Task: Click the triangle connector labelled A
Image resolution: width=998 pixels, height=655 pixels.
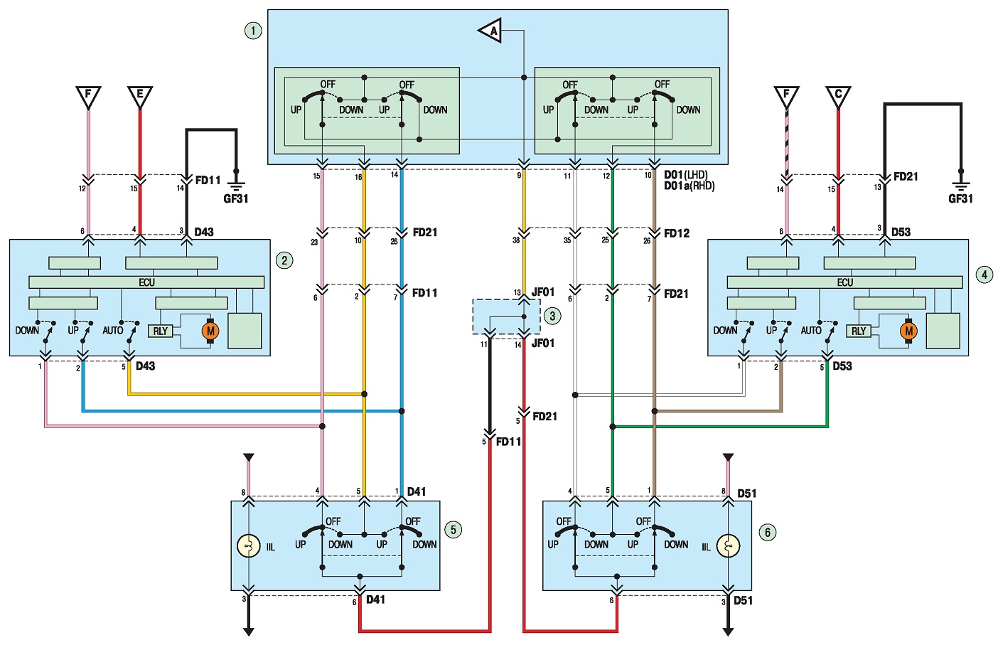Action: pyautogui.click(x=491, y=31)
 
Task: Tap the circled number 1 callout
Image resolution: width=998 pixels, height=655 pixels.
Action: pyautogui.click(x=253, y=31)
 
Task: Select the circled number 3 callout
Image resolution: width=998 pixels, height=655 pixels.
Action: pyautogui.click(x=552, y=316)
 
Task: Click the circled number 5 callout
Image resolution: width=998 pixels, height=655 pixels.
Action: pyautogui.click(x=453, y=530)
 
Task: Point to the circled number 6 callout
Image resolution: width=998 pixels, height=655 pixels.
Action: pyautogui.click(x=767, y=533)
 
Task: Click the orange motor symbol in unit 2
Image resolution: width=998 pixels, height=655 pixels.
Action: pyautogui.click(x=210, y=331)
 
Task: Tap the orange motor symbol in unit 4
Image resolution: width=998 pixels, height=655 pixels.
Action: pyautogui.click(x=908, y=331)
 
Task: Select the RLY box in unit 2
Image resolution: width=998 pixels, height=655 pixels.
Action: pyautogui.click(x=161, y=331)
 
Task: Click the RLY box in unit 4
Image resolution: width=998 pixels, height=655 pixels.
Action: pyautogui.click(x=859, y=331)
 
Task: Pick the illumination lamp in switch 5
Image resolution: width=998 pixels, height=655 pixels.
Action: pyautogui.click(x=249, y=546)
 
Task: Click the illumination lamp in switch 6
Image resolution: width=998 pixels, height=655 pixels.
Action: pyautogui.click(x=728, y=546)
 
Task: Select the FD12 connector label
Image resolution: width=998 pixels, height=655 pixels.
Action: pyautogui.click(x=676, y=233)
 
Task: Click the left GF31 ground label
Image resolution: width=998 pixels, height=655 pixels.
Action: pyautogui.click(x=236, y=198)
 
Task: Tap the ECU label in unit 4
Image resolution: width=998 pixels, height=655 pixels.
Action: pyautogui.click(x=844, y=282)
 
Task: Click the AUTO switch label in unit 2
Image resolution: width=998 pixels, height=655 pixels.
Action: pyautogui.click(x=113, y=331)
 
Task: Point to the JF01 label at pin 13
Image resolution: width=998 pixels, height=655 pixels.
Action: pyautogui.click(x=543, y=292)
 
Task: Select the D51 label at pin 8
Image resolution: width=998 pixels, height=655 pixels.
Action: pyautogui.click(x=746, y=494)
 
